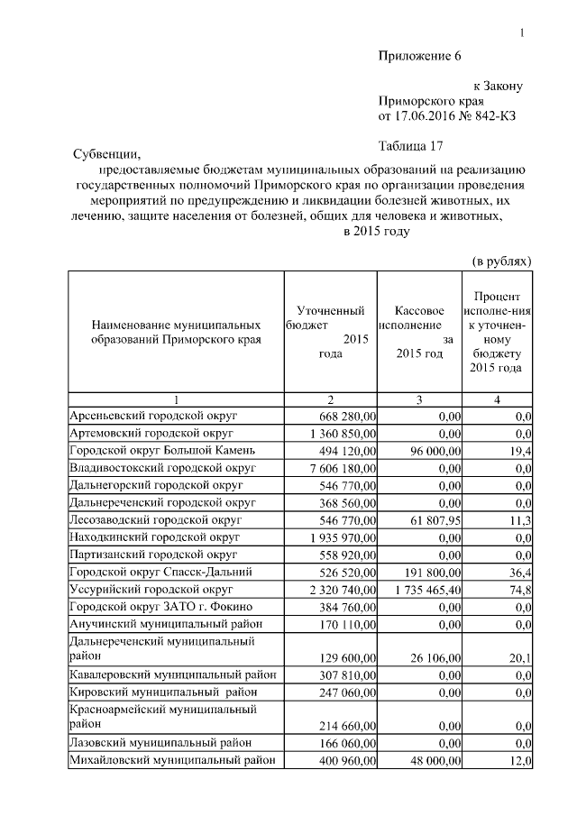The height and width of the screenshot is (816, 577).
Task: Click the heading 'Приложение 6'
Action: [418, 56]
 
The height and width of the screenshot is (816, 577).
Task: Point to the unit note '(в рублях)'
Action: [502, 261]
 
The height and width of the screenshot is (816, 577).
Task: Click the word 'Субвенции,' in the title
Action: [107, 154]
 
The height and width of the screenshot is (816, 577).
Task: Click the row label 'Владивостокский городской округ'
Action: [163, 468]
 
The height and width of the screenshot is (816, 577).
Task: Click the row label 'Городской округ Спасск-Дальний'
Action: [161, 571]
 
